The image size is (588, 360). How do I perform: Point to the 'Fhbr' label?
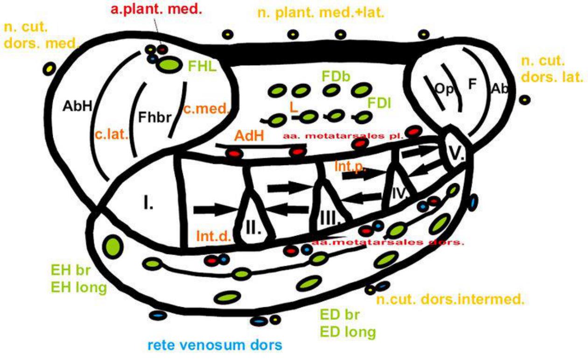[152, 116]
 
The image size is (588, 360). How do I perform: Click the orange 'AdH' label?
[249, 136]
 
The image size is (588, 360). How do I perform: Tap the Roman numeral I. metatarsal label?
[148, 204]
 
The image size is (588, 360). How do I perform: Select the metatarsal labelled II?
[254, 228]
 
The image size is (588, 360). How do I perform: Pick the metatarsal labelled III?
[330, 216]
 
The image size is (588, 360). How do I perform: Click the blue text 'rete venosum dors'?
[215, 346]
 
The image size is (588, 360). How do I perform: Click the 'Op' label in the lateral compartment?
[443, 89]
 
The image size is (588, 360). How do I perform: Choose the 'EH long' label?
[78, 287]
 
